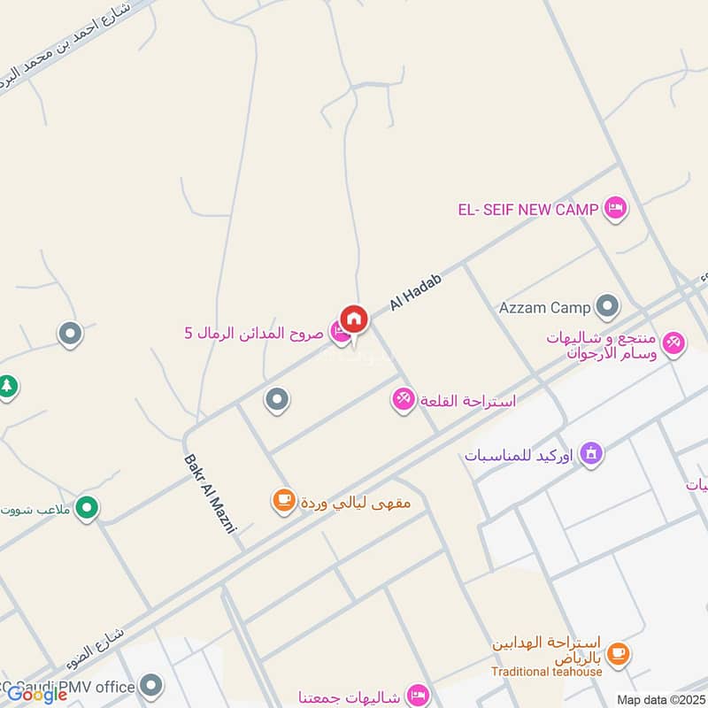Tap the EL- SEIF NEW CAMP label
click(x=528, y=210)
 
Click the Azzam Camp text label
click(x=544, y=308)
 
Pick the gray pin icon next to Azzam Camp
click(x=607, y=307)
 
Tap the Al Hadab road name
click(x=415, y=291)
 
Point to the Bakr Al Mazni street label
click(x=212, y=493)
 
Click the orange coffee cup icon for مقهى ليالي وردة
click(x=283, y=502)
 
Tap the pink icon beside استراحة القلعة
click(x=404, y=400)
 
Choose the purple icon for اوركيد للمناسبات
click(x=592, y=455)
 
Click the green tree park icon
click(x=7, y=387)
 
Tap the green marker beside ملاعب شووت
click(x=87, y=508)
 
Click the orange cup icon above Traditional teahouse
click(x=618, y=653)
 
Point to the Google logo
click(x=36, y=695)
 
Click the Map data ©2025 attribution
click(x=660, y=699)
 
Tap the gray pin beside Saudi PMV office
click(x=152, y=686)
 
